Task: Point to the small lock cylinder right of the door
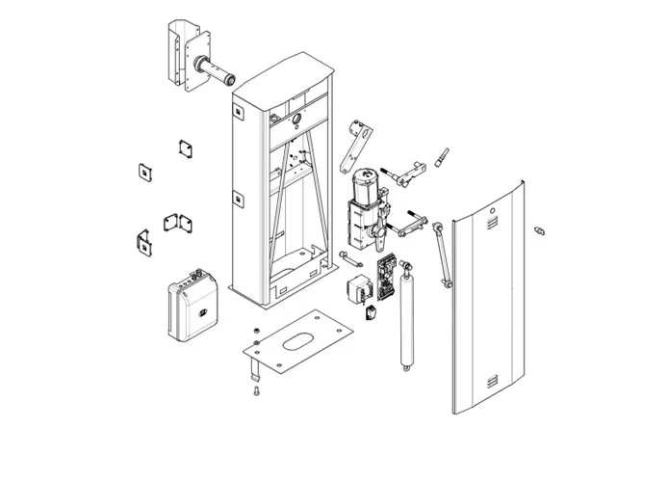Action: pos(539,230)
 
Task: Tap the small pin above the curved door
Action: pos(442,156)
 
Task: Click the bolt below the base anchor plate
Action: pos(256,390)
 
